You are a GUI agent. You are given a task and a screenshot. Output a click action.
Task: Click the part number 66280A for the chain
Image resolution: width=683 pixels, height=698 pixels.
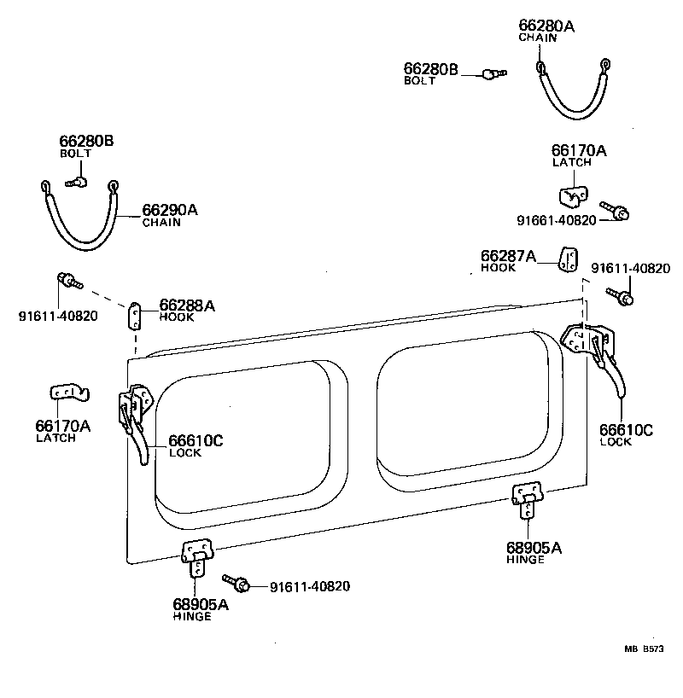tap(546, 26)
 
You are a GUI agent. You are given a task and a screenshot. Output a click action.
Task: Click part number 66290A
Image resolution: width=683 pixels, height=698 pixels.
tap(169, 210)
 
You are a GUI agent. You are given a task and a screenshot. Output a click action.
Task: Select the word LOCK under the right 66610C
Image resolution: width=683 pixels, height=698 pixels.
tap(615, 441)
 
